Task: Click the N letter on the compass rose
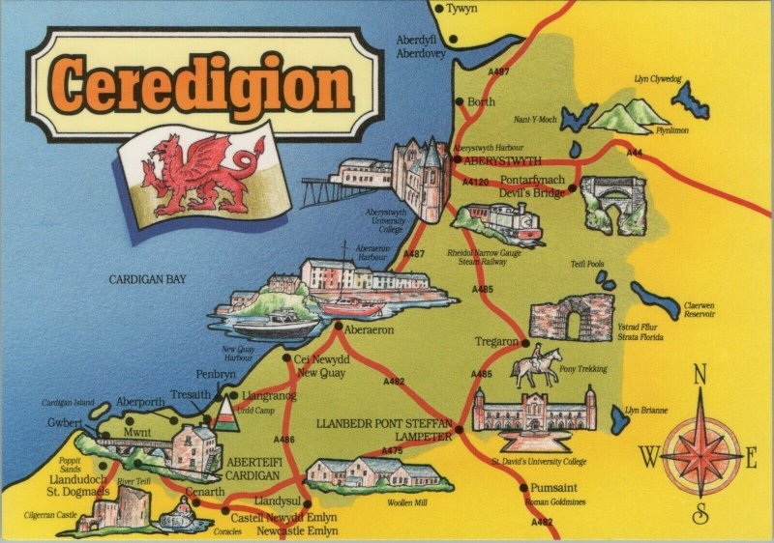[702, 374]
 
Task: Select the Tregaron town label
[498, 342]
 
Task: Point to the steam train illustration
[492, 225]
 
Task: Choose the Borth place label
[481, 101]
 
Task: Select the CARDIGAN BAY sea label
[147, 279]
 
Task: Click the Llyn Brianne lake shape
[619, 418]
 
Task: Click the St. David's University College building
[533, 413]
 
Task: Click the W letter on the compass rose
[649, 455]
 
